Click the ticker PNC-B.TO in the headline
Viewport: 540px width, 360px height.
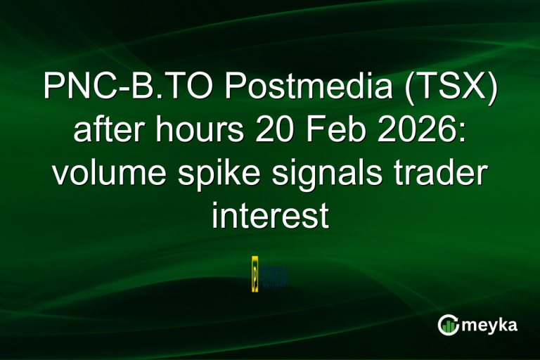pos(122,89)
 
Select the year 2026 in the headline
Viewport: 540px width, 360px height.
pos(413,131)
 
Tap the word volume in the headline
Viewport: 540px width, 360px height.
pos(108,173)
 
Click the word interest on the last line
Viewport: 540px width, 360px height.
pos(270,215)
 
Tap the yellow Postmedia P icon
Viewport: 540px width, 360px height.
pos(255,274)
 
